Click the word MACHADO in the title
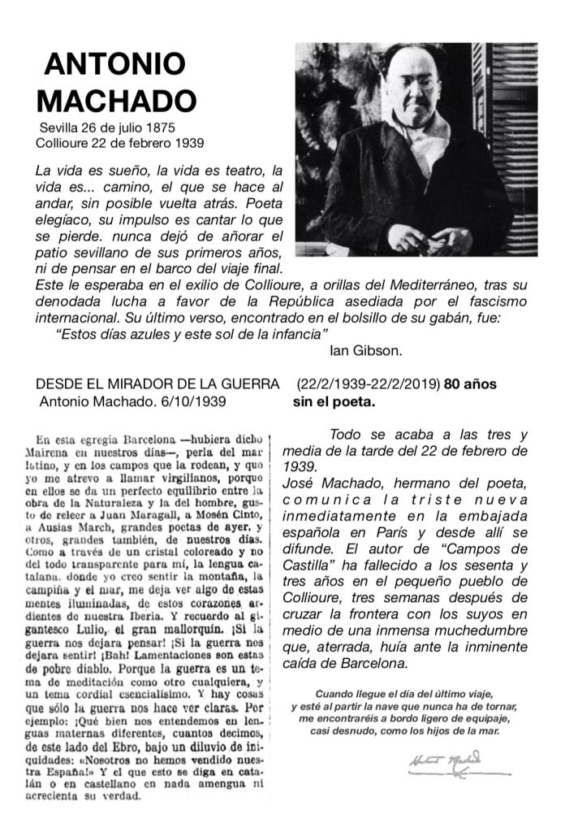click(117, 101)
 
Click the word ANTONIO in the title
click(114, 64)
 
